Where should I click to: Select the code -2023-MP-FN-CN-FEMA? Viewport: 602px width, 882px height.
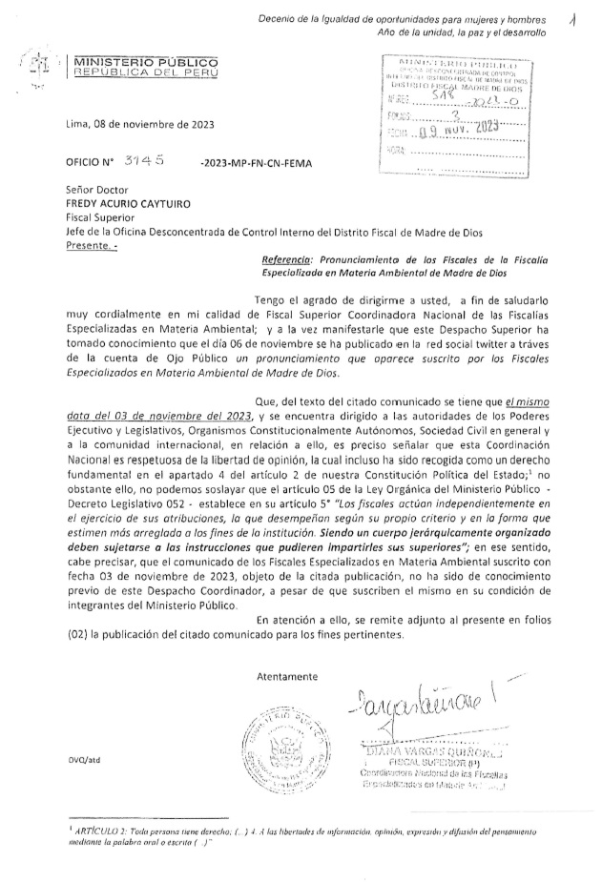tap(256, 163)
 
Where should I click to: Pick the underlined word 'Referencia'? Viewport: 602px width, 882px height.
tap(285, 257)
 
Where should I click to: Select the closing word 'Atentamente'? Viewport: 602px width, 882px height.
tap(287, 676)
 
